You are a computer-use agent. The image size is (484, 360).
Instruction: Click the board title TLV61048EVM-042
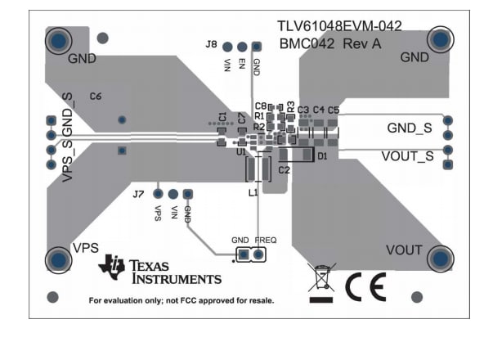[x=339, y=27]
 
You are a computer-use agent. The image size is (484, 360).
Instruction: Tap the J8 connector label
[x=211, y=44]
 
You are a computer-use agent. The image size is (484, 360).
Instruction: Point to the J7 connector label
[x=138, y=195]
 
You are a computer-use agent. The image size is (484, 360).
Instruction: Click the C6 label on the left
[x=96, y=97]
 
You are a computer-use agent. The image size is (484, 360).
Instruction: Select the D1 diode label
[x=322, y=155]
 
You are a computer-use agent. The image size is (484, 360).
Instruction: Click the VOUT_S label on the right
[x=407, y=155]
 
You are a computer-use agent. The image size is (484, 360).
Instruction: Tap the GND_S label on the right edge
[x=409, y=128]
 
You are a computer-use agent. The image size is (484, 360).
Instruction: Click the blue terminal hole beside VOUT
[x=439, y=259]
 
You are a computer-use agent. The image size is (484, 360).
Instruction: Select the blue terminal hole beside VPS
[x=59, y=260]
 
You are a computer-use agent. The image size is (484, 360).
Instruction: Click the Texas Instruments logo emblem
[x=111, y=267]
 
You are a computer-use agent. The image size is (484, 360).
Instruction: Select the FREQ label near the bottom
[x=265, y=240]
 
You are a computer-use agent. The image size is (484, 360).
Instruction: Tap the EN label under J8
[x=242, y=62]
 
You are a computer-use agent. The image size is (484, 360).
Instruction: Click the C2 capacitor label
[x=284, y=170]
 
